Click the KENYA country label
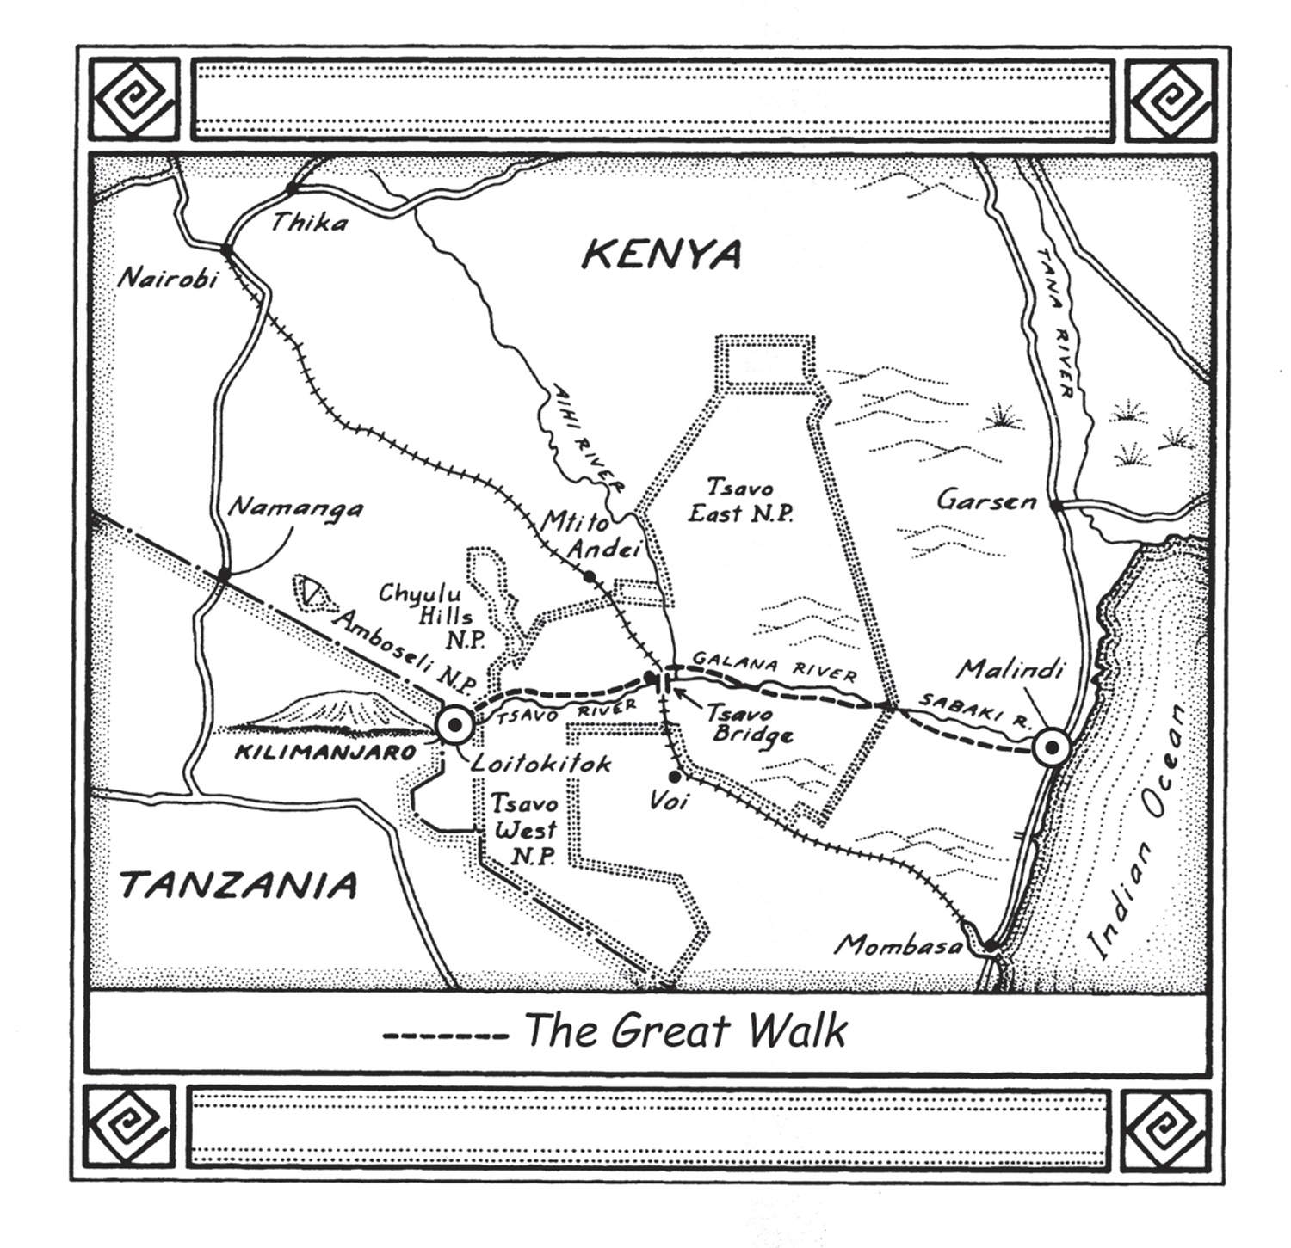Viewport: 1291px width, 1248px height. click(660, 255)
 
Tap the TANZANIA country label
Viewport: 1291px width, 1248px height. click(238, 884)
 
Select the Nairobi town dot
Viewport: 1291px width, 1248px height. click(226, 250)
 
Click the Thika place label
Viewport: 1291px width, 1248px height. click(309, 224)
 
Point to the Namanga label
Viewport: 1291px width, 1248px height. click(295, 508)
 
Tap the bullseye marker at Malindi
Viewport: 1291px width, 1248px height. click(1050, 747)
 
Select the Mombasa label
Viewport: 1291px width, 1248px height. click(899, 946)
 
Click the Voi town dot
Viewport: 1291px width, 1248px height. click(675, 777)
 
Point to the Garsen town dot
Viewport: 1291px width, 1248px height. click(1055, 505)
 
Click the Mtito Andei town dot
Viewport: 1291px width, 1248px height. click(590, 575)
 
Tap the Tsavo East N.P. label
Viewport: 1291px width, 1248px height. click(750, 501)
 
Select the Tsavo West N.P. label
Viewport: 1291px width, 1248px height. click(523, 830)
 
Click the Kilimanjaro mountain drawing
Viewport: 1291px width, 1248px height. click(327, 712)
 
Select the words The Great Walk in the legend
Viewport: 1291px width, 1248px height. click(685, 1030)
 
